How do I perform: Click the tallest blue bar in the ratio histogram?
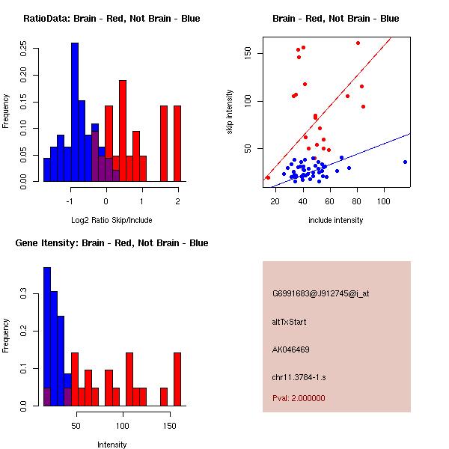(74, 112)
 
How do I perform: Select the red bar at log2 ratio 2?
(177, 143)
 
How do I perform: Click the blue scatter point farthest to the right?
(405, 162)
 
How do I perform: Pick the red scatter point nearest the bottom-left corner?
(268, 177)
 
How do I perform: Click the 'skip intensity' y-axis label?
(230, 112)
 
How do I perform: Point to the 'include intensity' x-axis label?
(335, 220)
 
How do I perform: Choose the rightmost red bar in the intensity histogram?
(177, 379)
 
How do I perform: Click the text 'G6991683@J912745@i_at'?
(321, 293)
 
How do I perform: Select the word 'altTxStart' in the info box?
(290, 322)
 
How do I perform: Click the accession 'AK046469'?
(291, 349)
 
